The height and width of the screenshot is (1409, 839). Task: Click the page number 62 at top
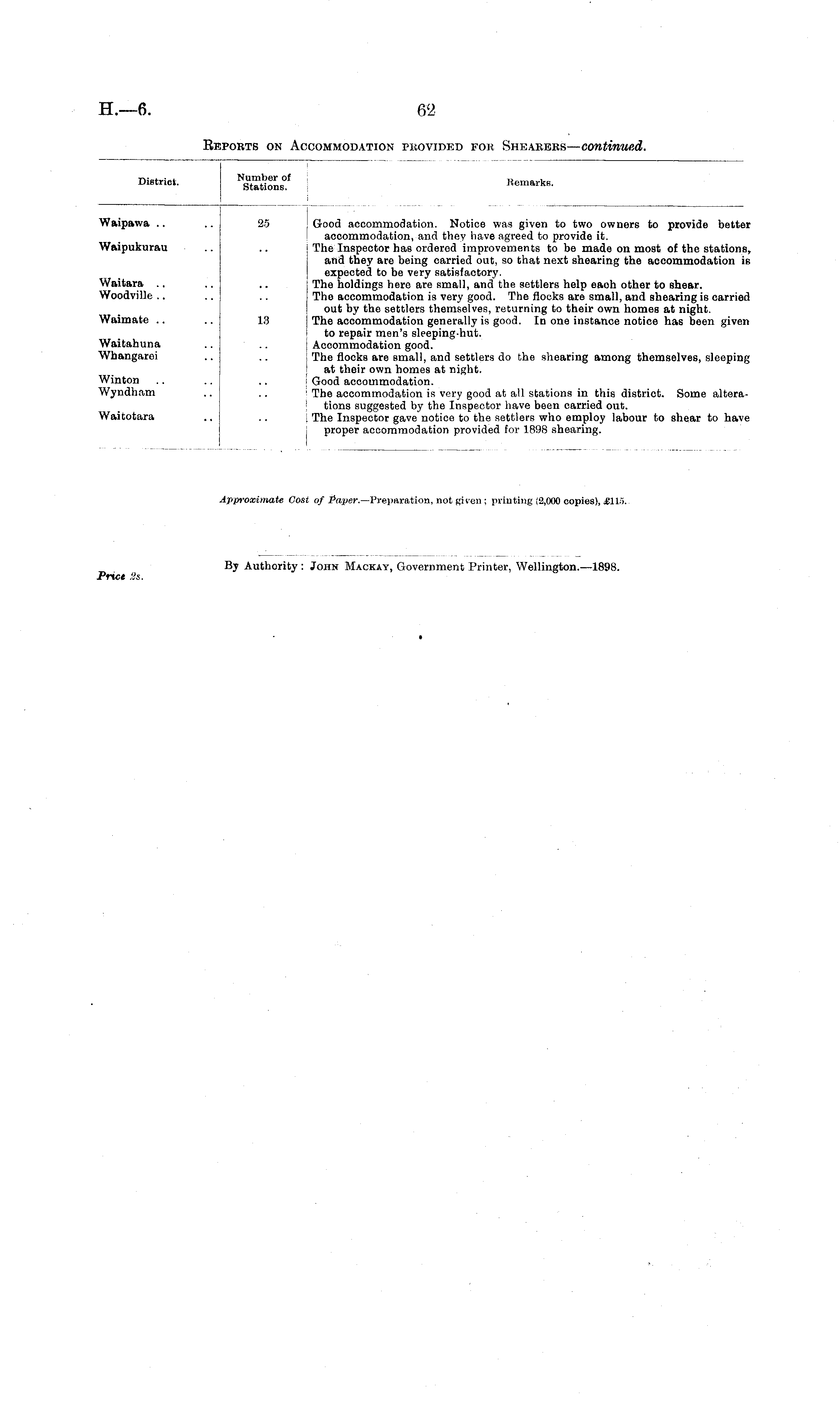tap(426, 110)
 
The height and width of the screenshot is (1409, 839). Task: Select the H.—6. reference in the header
tap(125, 109)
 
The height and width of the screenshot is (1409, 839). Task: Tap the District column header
tap(158, 182)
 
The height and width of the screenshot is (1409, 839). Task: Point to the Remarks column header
tap(530, 183)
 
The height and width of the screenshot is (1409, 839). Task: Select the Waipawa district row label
tap(124, 223)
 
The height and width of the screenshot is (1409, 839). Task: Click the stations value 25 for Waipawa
tap(263, 224)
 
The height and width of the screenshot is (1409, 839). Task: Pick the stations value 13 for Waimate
tap(263, 320)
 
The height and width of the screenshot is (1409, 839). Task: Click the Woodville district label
tap(125, 295)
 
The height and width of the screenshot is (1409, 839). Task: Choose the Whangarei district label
tap(128, 356)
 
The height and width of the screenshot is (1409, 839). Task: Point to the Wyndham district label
tap(127, 392)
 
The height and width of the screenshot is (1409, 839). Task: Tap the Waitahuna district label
tap(129, 343)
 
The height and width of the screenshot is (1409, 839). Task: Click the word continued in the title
tap(613, 146)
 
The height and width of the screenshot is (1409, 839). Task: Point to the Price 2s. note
tap(120, 577)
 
